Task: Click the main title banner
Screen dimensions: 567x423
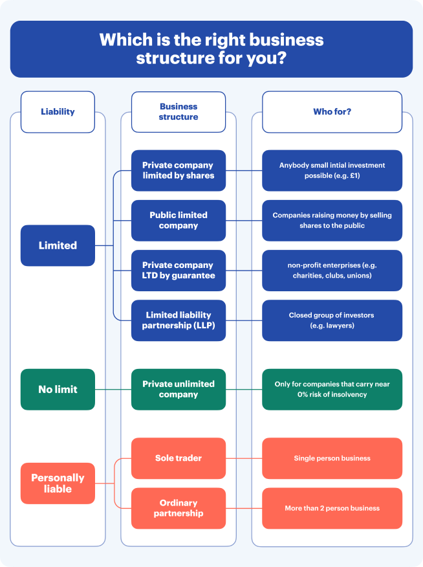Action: tap(211, 49)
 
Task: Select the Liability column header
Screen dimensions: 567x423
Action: tap(58, 111)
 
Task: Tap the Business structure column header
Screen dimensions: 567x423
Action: tap(179, 111)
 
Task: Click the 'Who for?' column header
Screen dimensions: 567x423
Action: tap(332, 111)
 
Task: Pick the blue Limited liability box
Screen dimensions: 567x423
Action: tap(58, 245)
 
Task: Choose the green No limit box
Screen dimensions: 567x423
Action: tap(58, 389)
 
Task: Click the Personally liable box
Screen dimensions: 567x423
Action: tap(58, 483)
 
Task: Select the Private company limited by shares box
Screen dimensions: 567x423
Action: tap(179, 170)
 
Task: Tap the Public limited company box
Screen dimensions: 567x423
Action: tap(179, 220)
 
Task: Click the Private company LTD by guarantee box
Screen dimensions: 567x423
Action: tap(179, 270)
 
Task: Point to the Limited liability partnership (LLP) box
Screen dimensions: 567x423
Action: tap(179, 320)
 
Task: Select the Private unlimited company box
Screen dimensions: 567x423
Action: tap(179, 389)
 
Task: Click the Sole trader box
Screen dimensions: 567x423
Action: tap(179, 458)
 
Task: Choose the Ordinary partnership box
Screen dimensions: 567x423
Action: tap(179, 508)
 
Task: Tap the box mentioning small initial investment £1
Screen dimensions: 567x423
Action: tap(332, 170)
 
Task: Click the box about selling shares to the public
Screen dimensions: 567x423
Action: tap(332, 220)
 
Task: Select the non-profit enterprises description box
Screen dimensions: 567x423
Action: tap(332, 270)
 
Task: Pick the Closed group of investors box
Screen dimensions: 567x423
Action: tap(332, 320)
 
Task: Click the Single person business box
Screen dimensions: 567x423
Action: tap(332, 458)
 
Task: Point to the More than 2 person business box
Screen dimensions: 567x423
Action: tap(332, 508)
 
